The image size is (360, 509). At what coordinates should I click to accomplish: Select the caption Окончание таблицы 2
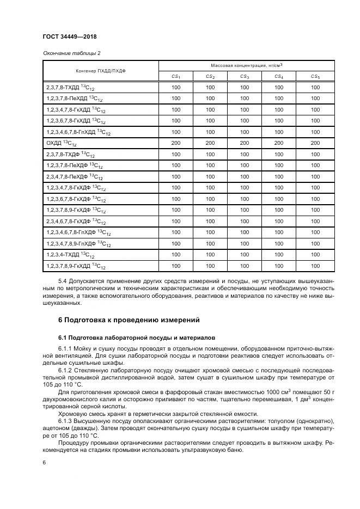(71, 53)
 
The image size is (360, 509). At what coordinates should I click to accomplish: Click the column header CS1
(175, 77)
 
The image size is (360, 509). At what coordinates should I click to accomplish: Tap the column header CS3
(245, 77)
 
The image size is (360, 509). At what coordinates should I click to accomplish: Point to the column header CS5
(315, 77)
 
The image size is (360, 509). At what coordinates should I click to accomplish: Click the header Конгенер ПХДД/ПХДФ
(100, 71)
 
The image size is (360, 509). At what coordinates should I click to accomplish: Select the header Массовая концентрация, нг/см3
(245, 65)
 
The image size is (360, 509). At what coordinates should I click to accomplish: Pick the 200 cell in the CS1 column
(175, 143)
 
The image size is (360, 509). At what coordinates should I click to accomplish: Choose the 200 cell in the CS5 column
(315, 143)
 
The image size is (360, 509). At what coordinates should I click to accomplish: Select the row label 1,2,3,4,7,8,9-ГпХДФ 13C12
(78, 244)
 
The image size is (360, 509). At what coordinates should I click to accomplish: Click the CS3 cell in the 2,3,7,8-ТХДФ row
(245, 154)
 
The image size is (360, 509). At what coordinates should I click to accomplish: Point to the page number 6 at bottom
(44, 462)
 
